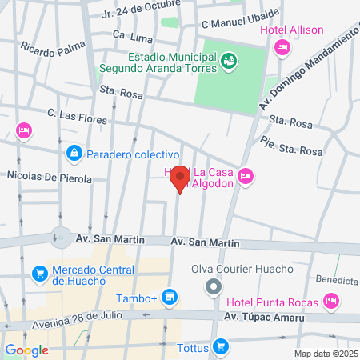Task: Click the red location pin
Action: click(180, 178)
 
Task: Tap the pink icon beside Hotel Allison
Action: click(281, 49)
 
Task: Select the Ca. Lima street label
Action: click(132, 35)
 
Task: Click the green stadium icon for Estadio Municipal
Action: click(229, 59)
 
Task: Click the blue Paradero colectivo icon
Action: click(74, 153)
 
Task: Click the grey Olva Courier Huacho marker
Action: click(212, 286)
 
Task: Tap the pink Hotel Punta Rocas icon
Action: click(332, 302)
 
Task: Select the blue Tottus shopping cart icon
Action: click(222, 347)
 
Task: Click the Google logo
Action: click(27, 350)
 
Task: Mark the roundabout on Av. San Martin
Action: click(61, 237)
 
